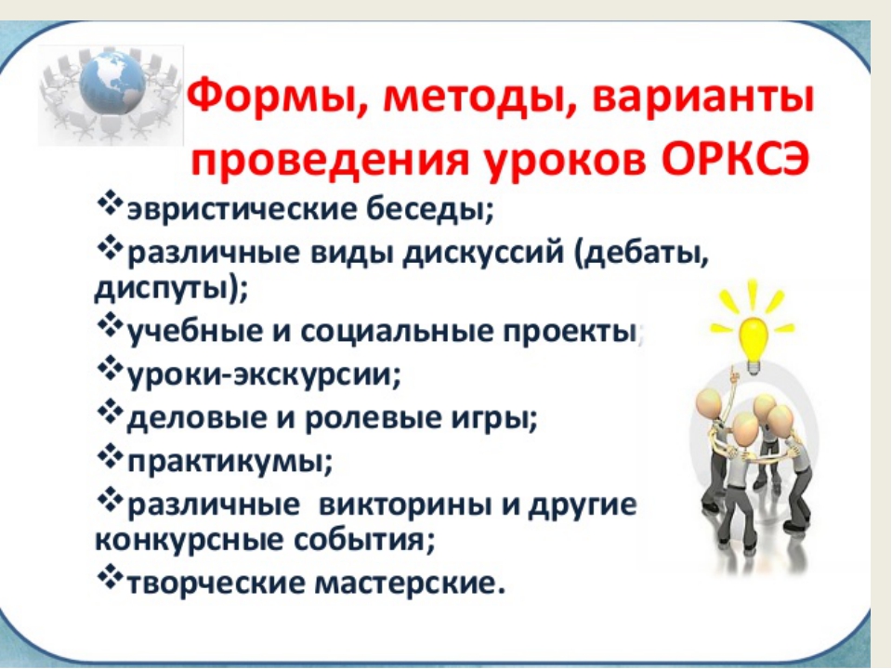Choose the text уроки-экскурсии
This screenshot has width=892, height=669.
pyautogui.click(x=264, y=374)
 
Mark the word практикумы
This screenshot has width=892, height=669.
pyautogui.click(x=230, y=462)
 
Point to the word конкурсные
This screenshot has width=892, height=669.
pyautogui.click(x=189, y=540)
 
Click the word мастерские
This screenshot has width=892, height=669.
pyautogui.click(x=410, y=583)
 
